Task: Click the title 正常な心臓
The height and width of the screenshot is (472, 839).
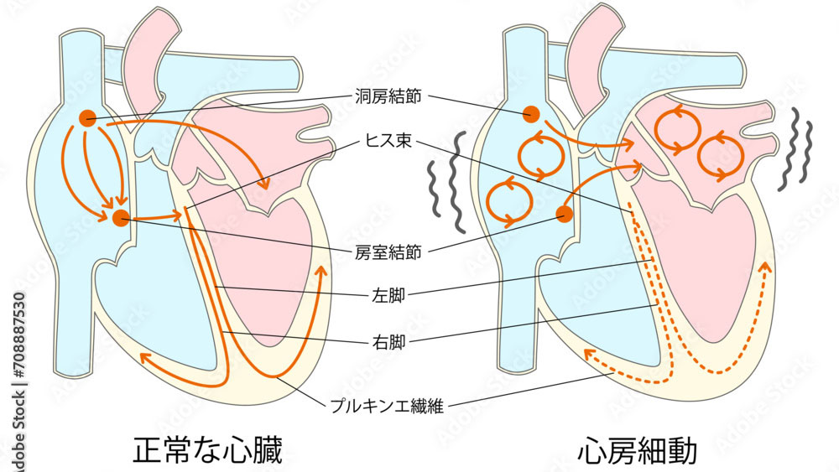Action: pyautogui.click(x=207, y=450)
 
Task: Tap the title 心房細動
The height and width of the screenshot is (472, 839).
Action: pyautogui.click(x=638, y=450)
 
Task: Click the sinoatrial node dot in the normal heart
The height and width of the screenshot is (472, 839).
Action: pyautogui.click(x=86, y=118)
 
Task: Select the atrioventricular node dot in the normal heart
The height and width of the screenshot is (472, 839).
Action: pyautogui.click(x=121, y=218)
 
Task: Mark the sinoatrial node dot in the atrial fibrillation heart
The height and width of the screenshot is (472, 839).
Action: pyautogui.click(x=530, y=114)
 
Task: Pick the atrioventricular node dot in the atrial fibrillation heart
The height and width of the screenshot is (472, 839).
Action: pyautogui.click(x=565, y=215)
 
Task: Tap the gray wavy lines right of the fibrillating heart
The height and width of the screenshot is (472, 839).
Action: pyautogui.click(x=796, y=151)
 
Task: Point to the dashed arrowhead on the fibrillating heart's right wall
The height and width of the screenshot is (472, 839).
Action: pyautogui.click(x=764, y=267)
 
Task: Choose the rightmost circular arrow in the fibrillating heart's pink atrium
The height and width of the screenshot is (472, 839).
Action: pyautogui.click(x=718, y=155)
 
